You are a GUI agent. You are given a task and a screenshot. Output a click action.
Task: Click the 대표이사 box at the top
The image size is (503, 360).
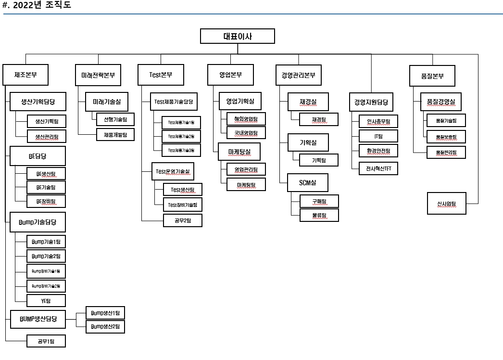tap(237, 37)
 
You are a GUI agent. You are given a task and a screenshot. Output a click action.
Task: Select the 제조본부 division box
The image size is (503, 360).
tap(26, 75)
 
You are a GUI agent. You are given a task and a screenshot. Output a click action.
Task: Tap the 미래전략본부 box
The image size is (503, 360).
tap(98, 75)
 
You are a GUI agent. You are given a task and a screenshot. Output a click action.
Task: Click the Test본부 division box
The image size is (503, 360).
tap(161, 75)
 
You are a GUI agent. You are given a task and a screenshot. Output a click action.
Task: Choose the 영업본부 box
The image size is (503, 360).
tap(230, 75)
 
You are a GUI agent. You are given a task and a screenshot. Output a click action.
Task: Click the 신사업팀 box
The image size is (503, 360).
tap(446, 204)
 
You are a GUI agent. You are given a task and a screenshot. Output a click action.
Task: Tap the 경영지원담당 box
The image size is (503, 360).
tap(371, 103)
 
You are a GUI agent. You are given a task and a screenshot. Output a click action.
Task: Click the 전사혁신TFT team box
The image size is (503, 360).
tap(378, 168)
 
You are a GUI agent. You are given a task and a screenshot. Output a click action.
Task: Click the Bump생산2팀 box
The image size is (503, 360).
tap(105, 327)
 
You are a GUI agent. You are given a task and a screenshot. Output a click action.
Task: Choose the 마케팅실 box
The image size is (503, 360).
tap(239, 152)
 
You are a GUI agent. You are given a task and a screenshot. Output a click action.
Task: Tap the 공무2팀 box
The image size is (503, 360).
tap(182, 220)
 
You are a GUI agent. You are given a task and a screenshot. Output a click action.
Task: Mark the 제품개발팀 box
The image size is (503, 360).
tap(115, 134)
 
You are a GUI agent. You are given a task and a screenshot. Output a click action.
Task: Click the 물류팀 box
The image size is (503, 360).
tap(319, 215)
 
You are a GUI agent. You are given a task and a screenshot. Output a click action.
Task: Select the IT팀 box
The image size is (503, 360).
tap(378, 136)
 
